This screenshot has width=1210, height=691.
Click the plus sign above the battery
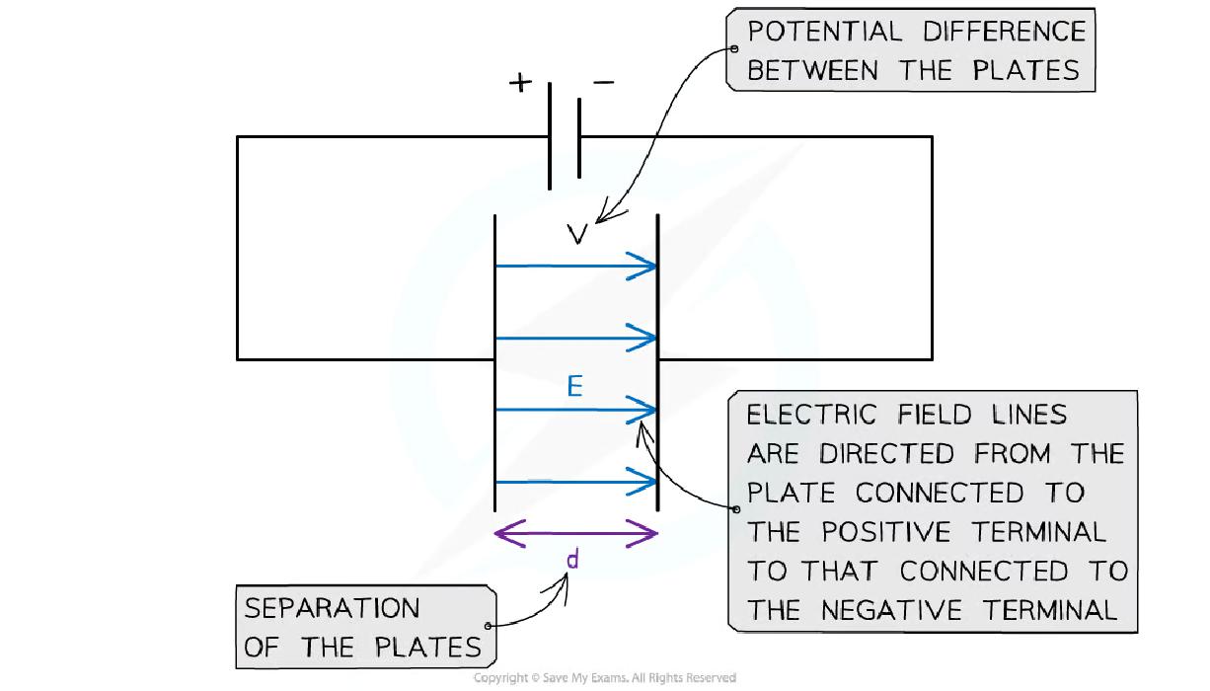coord(519,83)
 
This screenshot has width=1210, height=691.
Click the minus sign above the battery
coord(603,82)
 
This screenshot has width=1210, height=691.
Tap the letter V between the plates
coord(579,234)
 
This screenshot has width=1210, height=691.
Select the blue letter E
coord(574,387)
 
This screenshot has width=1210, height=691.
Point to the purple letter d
coord(572,561)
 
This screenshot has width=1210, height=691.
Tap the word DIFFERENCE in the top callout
coord(1005,32)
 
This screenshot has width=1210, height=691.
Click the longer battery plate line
coord(549,136)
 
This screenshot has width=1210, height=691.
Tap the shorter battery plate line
coord(578,136)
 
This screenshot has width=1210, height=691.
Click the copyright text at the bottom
coord(604,678)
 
